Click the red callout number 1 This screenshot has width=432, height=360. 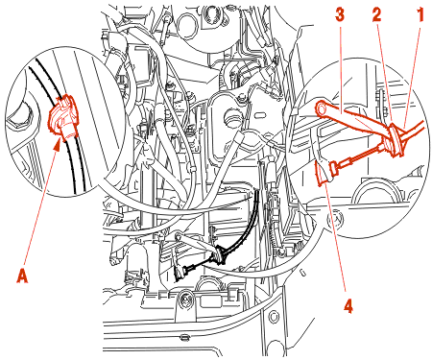420,15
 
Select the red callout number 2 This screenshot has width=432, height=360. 377,15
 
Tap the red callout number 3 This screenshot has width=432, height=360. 340,15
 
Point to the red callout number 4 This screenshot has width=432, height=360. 348,306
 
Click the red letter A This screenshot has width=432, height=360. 22,276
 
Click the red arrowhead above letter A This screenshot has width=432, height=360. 57,144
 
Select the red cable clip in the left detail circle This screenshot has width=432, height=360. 62,118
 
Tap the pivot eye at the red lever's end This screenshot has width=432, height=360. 321,108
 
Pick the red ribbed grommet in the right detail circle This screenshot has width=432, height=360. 396,140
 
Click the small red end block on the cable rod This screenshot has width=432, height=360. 334,168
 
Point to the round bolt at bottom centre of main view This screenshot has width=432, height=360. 184,300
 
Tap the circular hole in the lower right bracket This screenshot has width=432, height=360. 274,317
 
